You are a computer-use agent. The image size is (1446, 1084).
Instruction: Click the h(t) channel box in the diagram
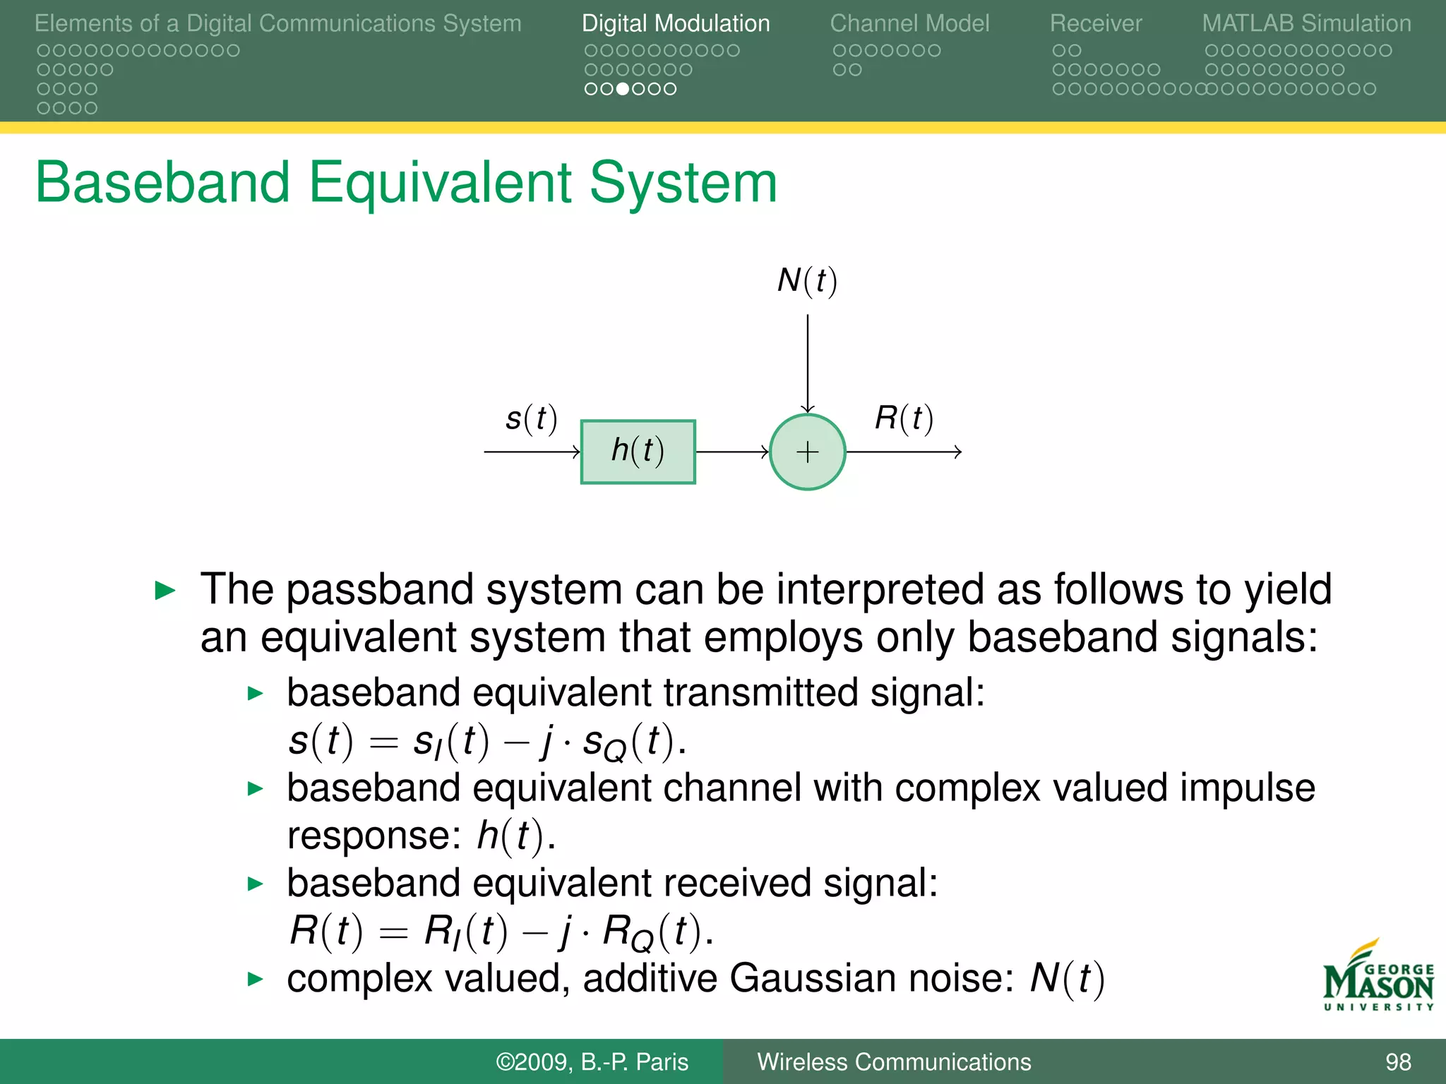pyautogui.click(x=638, y=452)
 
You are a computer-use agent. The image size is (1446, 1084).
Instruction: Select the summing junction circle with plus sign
pyautogui.click(x=807, y=452)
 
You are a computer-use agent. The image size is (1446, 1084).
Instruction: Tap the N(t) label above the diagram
pyautogui.click(x=807, y=281)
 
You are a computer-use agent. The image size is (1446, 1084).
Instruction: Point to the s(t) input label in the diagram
pyautogui.click(x=531, y=418)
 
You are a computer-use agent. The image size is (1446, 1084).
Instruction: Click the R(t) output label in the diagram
pyautogui.click(x=904, y=418)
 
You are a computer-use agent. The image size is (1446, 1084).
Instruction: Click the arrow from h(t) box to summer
pyautogui.click(x=731, y=452)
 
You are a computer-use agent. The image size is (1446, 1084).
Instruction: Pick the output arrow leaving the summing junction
pyautogui.click(x=904, y=452)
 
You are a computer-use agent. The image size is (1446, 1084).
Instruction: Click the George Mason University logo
pyautogui.click(x=1378, y=977)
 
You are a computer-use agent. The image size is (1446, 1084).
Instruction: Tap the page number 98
pyautogui.click(x=1398, y=1062)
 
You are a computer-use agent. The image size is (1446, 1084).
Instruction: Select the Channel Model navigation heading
pyautogui.click(x=909, y=23)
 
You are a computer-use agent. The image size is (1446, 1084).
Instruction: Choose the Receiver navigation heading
pyautogui.click(x=1095, y=23)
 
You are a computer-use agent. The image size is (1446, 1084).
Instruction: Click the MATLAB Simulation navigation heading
pyautogui.click(x=1306, y=23)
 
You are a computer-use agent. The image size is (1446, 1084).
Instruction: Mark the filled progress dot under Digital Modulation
pyautogui.click(x=623, y=89)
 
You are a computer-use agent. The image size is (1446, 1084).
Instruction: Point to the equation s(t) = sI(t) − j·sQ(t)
pyautogui.click(x=487, y=742)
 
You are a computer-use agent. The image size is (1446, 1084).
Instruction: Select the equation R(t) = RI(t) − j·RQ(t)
pyautogui.click(x=501, y=932)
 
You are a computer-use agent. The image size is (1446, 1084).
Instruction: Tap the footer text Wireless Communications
pyautogui.click(x=894, y=1062)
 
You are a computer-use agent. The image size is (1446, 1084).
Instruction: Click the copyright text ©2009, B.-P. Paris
pyautogui.click(x=592, y=1062)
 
